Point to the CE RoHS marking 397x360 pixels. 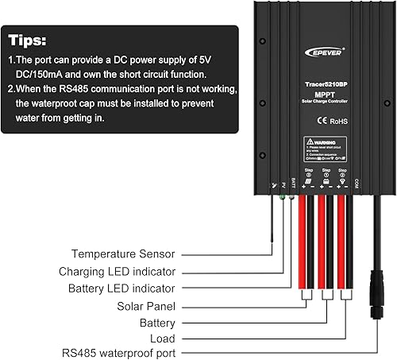326,122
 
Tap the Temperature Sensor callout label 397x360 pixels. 123,254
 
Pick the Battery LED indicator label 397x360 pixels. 122,288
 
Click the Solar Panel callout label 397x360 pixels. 148,306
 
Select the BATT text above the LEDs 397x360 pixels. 292,180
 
